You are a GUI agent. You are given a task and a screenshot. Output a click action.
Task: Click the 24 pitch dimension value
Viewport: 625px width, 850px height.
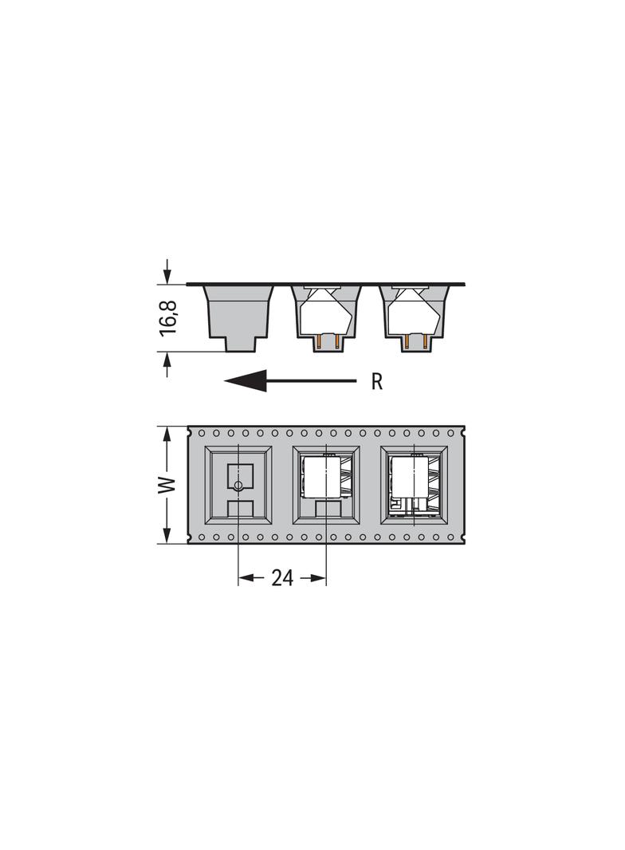pyautogui.click(x=282, y=578)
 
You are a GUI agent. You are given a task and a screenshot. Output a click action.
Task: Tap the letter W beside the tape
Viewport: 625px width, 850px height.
pyautogui.click(x=167, y=485)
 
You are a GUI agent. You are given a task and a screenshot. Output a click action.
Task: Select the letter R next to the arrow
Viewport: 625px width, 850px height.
pyautogui.click(x=377, y=382)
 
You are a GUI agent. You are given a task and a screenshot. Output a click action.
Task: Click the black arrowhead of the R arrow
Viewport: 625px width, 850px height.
pyautogui.click(x=246, y=380)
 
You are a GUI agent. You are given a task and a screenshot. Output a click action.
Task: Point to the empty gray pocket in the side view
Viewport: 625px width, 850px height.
pyautogui.click(x=238, y=317)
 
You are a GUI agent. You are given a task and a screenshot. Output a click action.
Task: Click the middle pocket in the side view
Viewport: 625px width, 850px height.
pyautogui.click(x=326, y=318)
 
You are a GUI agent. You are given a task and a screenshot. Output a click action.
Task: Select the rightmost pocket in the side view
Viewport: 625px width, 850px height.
pyautogui.click(x=415, y=318)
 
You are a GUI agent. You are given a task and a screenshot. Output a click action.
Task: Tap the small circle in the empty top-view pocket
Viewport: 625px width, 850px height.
pyautogui.click(x=238, y=485)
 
